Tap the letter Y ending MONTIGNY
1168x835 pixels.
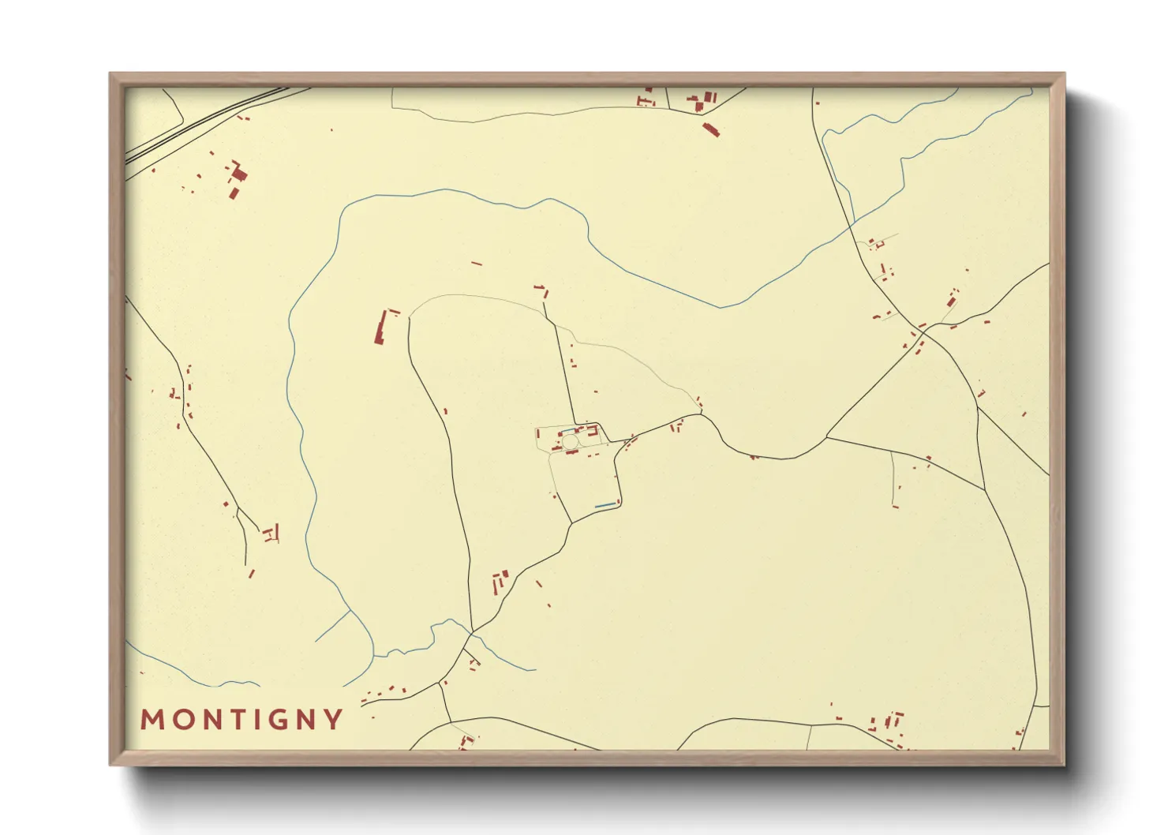coord(335,720)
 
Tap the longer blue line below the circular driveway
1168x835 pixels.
coord(605,505)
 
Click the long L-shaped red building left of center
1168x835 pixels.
coord(380,328)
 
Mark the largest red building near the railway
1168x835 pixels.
coord(237,174)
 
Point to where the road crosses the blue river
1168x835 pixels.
coord(850,227)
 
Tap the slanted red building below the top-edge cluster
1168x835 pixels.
coord(710,129)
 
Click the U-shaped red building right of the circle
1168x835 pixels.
coord(592,430)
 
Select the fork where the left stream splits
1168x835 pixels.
coord(351,610)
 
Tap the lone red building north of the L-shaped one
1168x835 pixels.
coord(476,264)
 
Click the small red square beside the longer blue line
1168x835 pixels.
coord(619,500)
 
